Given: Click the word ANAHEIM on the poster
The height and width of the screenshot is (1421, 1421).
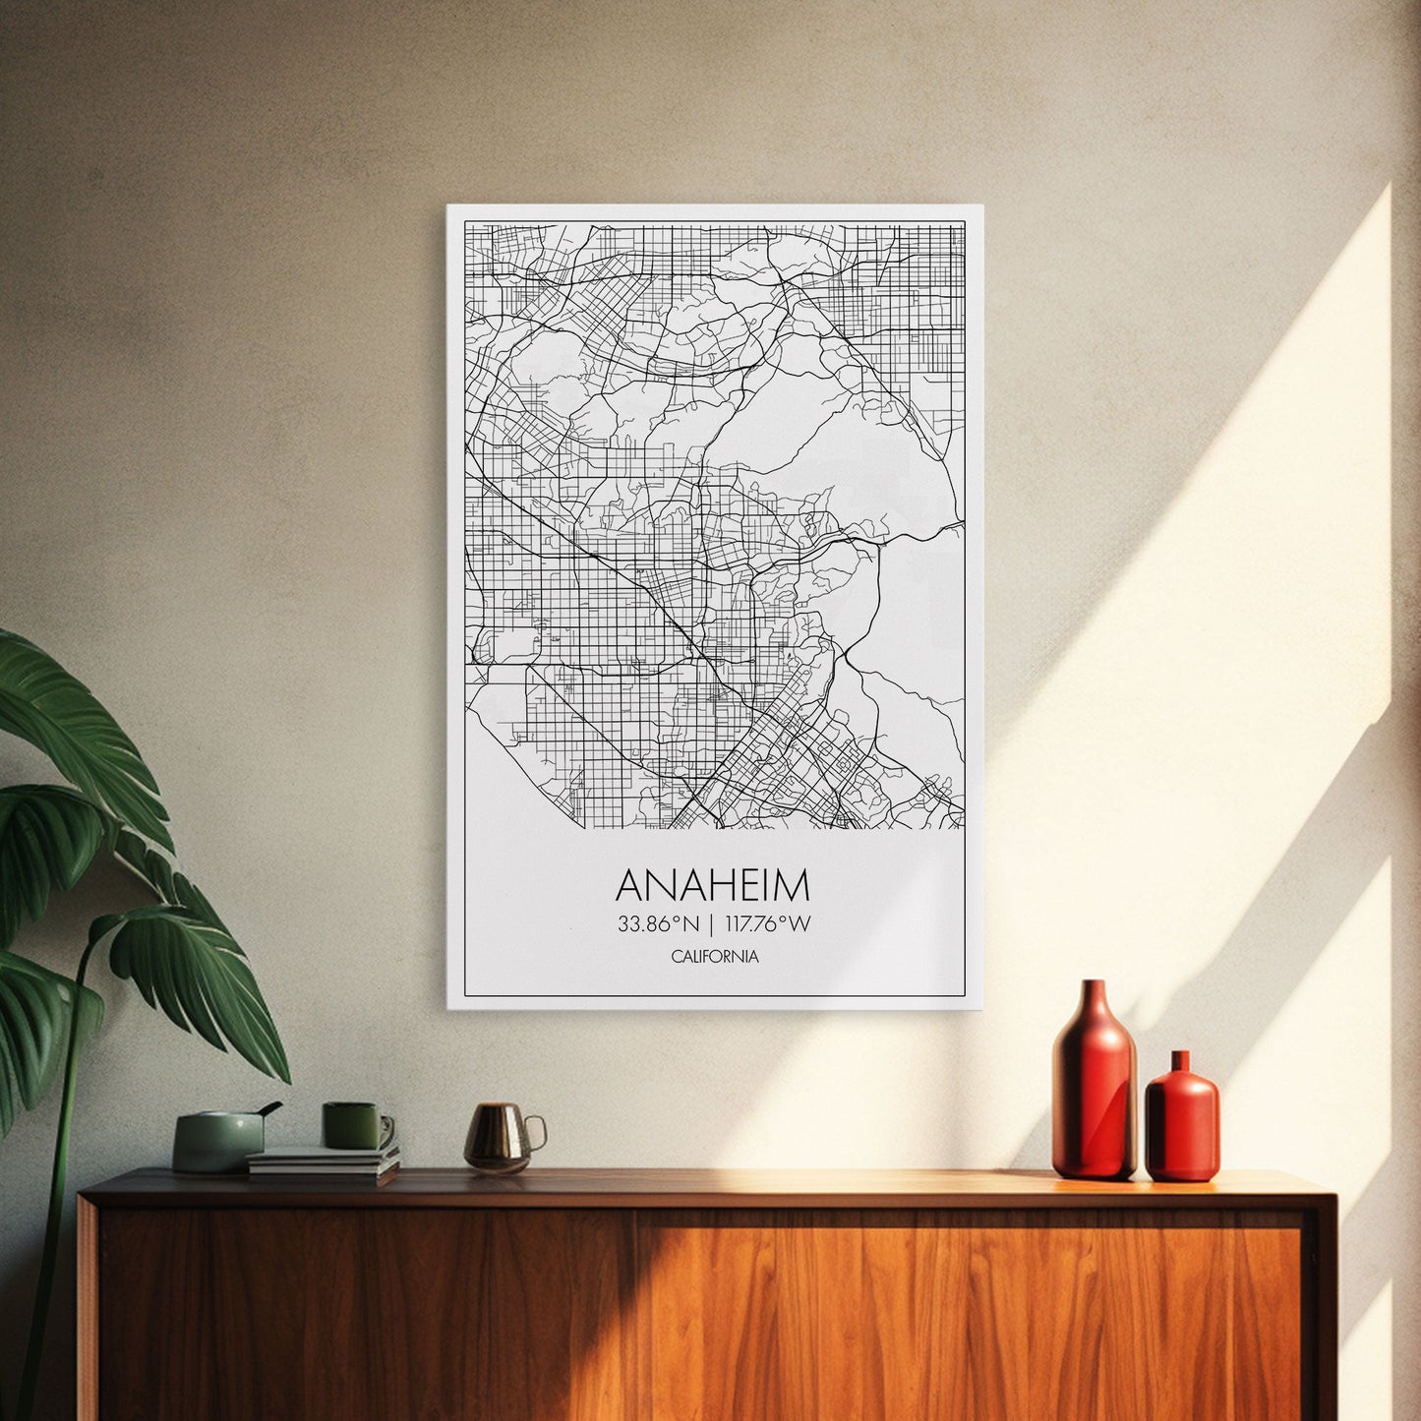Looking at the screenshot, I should pos(713,885).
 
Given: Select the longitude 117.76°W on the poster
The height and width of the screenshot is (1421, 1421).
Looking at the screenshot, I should pos(768,924).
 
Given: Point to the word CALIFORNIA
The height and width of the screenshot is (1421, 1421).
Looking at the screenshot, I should pos(715,957).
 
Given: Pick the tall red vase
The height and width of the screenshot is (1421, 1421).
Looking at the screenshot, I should pos(1094,1087).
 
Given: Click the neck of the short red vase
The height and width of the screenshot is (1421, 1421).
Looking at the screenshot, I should pos(1180,1061).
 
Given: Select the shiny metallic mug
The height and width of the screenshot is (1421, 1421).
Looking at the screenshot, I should pos(499,1137).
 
